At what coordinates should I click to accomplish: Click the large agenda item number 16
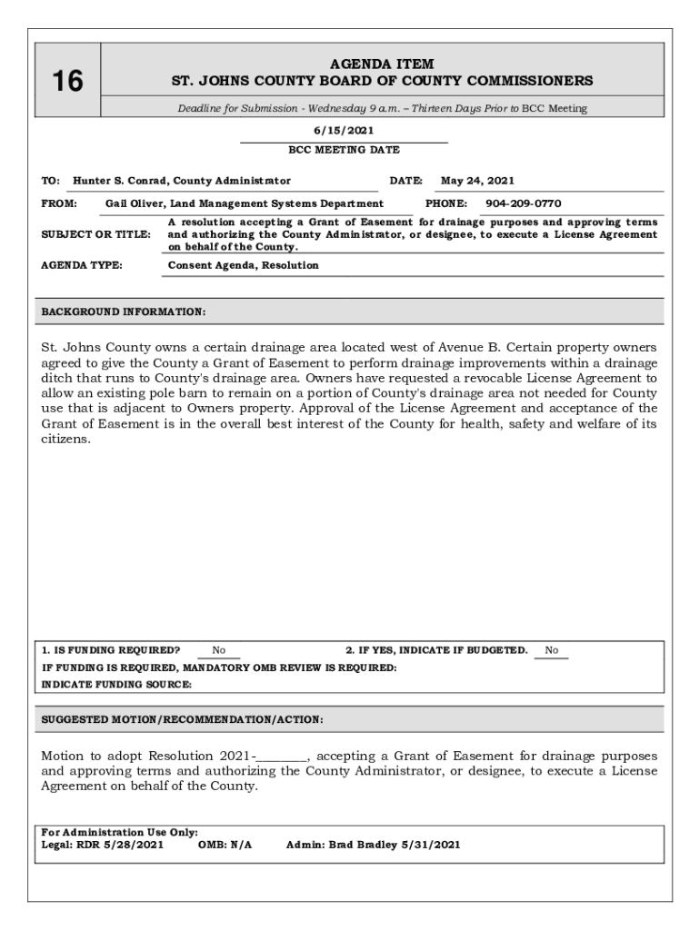67,82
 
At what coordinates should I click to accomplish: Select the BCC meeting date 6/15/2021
344,131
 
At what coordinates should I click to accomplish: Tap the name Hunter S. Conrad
122,181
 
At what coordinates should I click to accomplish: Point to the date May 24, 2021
477,181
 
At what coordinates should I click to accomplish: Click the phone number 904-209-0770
523,203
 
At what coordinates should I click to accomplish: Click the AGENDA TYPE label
83,265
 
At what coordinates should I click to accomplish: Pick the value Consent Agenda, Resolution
244,265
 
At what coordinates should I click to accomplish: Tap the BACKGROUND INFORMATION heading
124,312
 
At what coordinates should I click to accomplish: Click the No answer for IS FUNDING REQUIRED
219,650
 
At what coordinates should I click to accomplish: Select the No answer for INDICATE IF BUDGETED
552,650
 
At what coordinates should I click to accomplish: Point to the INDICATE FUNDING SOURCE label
116,685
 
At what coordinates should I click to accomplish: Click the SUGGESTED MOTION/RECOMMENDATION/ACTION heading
182,719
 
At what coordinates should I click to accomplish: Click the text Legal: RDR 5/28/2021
103,845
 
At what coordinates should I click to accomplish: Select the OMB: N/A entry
225,845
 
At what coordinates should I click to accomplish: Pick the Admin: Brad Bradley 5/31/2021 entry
373,845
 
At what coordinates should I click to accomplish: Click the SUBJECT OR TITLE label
95,234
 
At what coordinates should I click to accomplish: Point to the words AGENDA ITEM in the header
382,64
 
